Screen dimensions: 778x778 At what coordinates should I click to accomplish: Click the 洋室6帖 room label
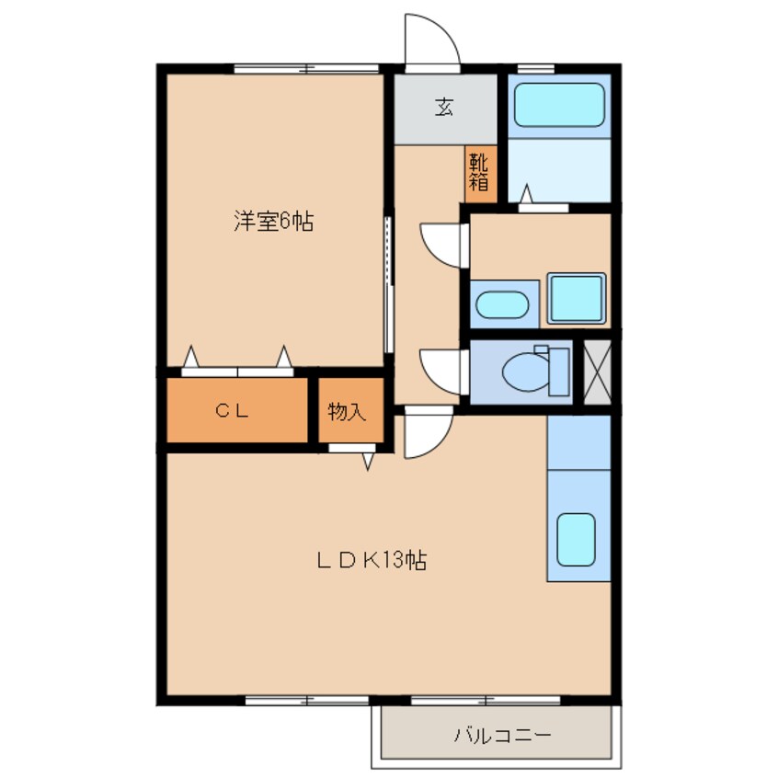coord(273,222)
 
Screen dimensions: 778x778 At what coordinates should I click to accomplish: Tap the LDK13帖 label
coord(372,560)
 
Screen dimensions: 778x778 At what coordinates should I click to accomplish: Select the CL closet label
coord(232,410)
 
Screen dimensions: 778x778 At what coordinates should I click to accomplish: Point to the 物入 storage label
coord(347,411)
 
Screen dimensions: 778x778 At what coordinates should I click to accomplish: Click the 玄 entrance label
coord(444,107)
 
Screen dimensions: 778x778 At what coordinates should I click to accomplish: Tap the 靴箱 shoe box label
coord(479,172)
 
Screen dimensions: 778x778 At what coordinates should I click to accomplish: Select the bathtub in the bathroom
coord(559,105)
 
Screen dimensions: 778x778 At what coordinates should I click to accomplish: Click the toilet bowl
coord(526,372)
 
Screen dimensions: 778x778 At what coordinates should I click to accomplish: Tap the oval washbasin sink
coord(502,304)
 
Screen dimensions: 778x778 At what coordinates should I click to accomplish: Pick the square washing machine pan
coord(576,298)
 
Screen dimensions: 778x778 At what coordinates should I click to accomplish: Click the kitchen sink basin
coord(576,540)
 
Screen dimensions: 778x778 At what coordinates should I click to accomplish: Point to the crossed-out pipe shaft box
coord(598,372)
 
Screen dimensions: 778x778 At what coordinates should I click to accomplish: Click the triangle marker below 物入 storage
coord(368,461)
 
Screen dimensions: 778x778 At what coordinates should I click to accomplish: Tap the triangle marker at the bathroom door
coord(526,194)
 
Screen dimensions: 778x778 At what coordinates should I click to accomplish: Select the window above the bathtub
coord(536,69)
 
